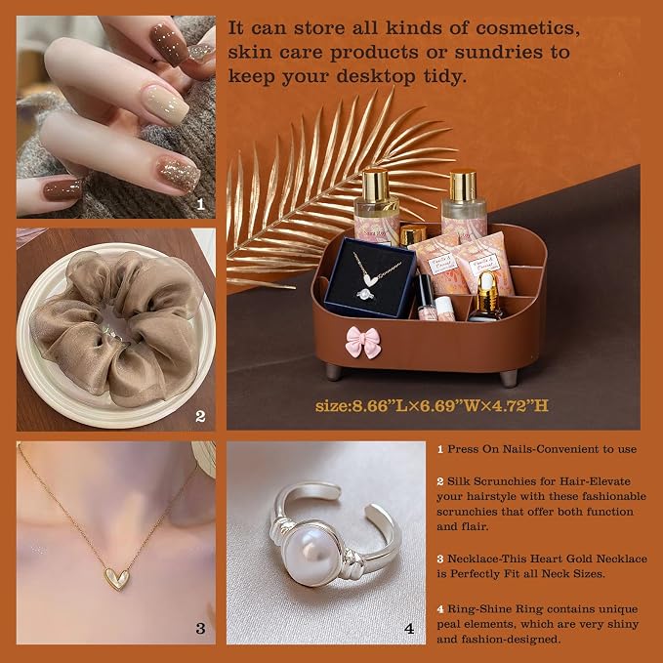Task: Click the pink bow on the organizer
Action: point(363,342)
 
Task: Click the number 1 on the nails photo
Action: point(201,205)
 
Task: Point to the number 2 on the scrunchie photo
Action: point(200,417)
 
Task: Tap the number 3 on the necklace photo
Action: point(200,628)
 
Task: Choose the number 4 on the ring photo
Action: point(409,628)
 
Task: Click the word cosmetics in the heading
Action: point(527,28)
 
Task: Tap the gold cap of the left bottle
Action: point(376,185)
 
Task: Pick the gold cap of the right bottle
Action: point(464,186)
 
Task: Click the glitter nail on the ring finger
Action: point(178,174)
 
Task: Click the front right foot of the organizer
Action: point(509,378)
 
